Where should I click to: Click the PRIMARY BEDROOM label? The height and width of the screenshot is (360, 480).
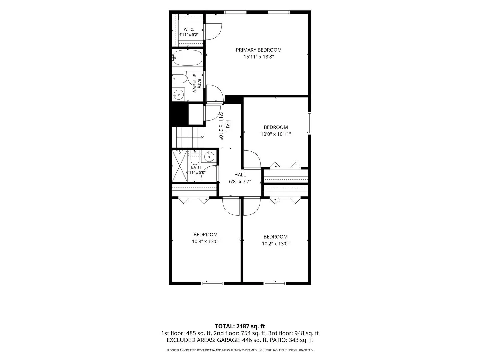tap(258, 50)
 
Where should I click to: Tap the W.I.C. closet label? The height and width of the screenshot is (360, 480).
tap(189, 29)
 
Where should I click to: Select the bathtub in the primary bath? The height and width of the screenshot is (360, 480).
tap(188, 58)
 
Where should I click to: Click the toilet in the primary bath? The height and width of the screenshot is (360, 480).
tap(180, 79)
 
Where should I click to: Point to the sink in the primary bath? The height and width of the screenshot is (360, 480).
tap(178, 94)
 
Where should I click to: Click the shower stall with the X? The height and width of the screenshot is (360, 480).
tap(180, 166)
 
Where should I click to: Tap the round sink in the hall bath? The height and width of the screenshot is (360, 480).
tap(209, 157)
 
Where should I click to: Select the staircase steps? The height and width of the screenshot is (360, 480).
tap(188, 137)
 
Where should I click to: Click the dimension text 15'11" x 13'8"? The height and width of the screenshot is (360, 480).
tap(259, 57)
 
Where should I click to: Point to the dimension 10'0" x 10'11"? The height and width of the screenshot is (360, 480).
tap(276, 134)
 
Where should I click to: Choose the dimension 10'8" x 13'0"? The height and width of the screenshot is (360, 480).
tap(206, 242)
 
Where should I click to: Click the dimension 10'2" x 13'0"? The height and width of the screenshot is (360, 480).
tap(276, 244)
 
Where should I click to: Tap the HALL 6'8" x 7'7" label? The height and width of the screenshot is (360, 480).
tap(240, 178)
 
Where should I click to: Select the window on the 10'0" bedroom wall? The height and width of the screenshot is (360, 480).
tap(309, 123)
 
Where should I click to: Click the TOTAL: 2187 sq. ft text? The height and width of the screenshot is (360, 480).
tap(240, 326)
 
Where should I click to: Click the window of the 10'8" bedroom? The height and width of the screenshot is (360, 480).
tap(212, 283)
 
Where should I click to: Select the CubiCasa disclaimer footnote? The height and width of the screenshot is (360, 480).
tap(240, 350)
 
